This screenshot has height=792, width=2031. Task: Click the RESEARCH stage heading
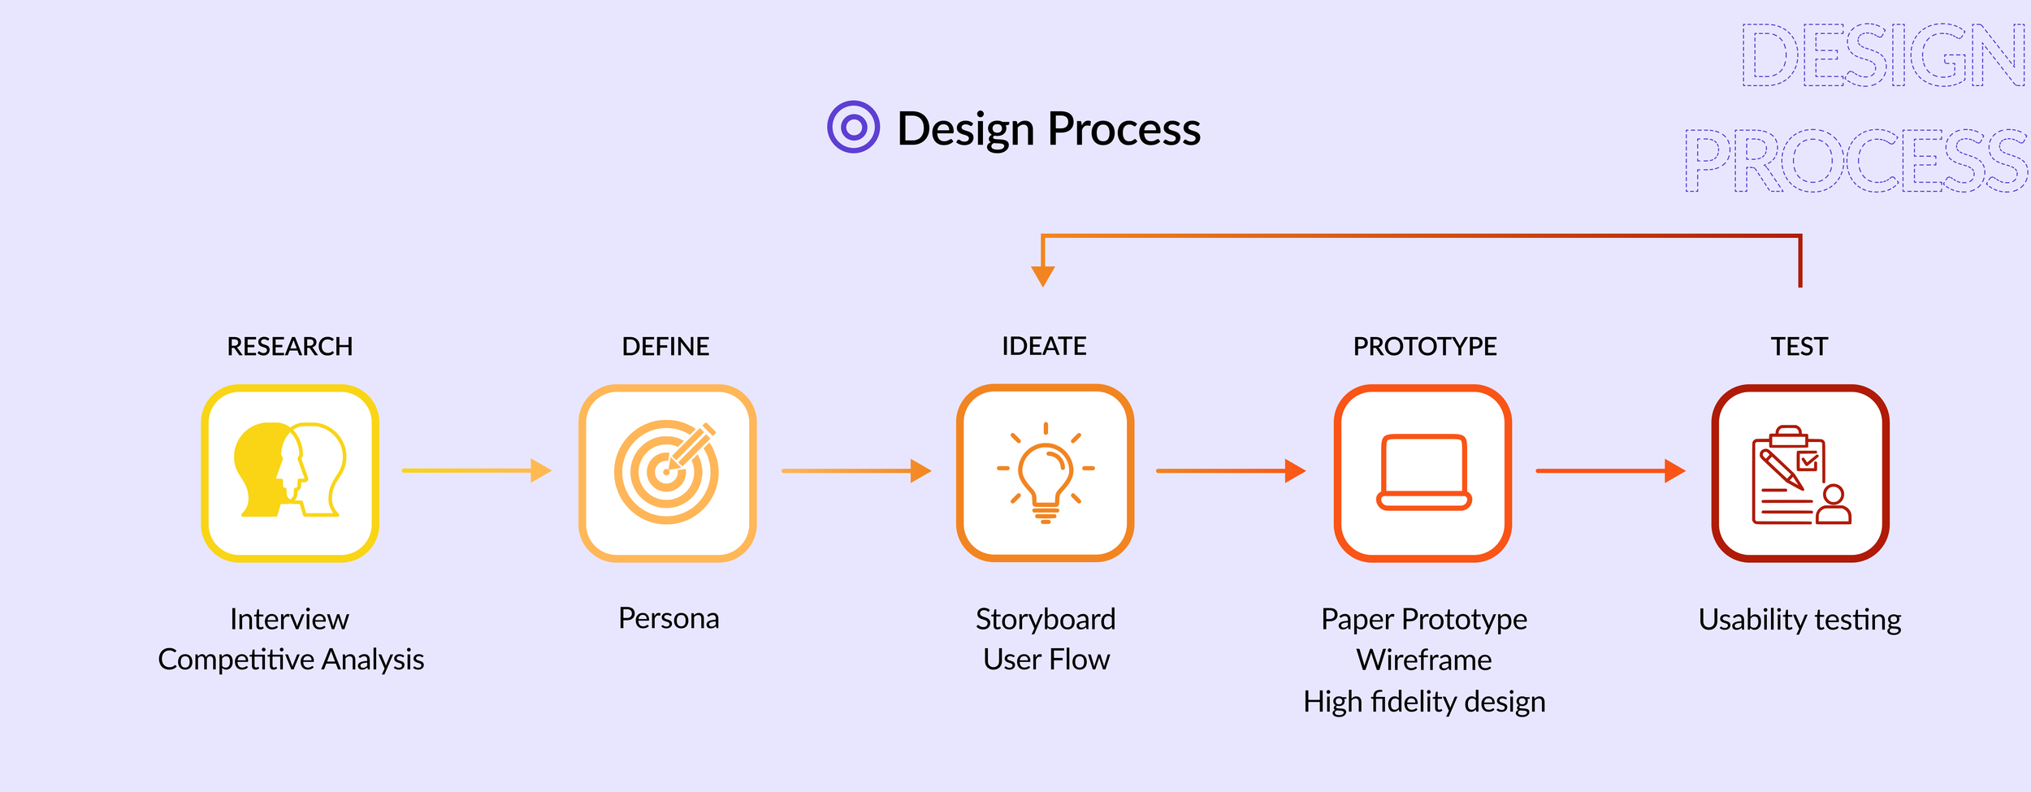tap(289, 347)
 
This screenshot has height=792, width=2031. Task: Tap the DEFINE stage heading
tap(665, 347)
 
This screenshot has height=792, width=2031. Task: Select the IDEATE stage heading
tap(1044, 347)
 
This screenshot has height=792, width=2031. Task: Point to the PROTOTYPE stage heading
tap(1424, 347)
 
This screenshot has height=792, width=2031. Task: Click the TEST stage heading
tap(1799, 347)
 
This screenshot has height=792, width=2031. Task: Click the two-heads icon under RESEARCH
tap(290, 471)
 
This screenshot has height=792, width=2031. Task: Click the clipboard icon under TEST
tap(1800, 475)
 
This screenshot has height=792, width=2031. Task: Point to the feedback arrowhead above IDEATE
tap(1042, 275)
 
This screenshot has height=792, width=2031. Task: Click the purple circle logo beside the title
tap(853, 127)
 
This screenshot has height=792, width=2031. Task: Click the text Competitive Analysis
tap(291, 660)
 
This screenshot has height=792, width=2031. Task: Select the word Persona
tap(669, 619)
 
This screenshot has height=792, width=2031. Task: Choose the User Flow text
tap(1046, 660)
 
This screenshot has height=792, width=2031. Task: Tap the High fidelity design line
tap(1424, 702)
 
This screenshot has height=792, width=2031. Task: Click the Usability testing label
tap(1799, 620)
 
